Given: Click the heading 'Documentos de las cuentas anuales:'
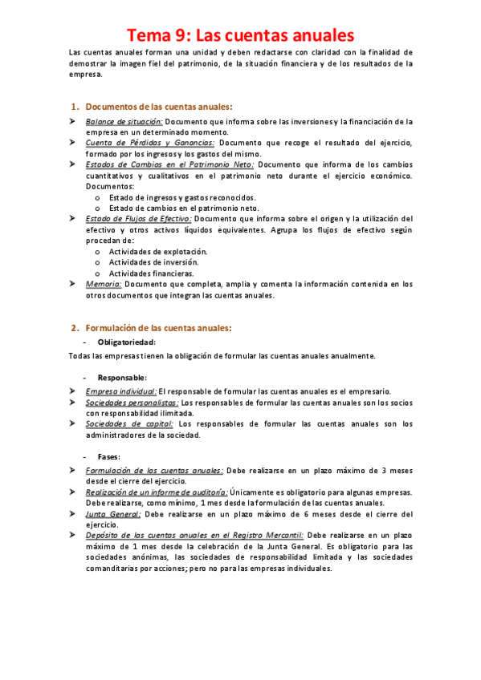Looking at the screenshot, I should (x=158, y=106).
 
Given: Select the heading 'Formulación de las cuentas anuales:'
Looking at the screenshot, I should (x=158, y=328).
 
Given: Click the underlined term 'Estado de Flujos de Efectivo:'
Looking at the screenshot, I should (x=138, y=218).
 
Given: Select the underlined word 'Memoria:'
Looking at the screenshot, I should (x=104, y=284).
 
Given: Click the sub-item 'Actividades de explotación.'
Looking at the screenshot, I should (x=153, y=251).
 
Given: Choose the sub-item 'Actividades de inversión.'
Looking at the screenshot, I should (x=148, y=262).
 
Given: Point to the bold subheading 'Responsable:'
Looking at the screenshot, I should (x=122, y=378).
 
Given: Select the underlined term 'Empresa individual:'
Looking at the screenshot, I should (x=121, y=391).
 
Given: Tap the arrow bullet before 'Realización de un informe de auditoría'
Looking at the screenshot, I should (x=72, y=492).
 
